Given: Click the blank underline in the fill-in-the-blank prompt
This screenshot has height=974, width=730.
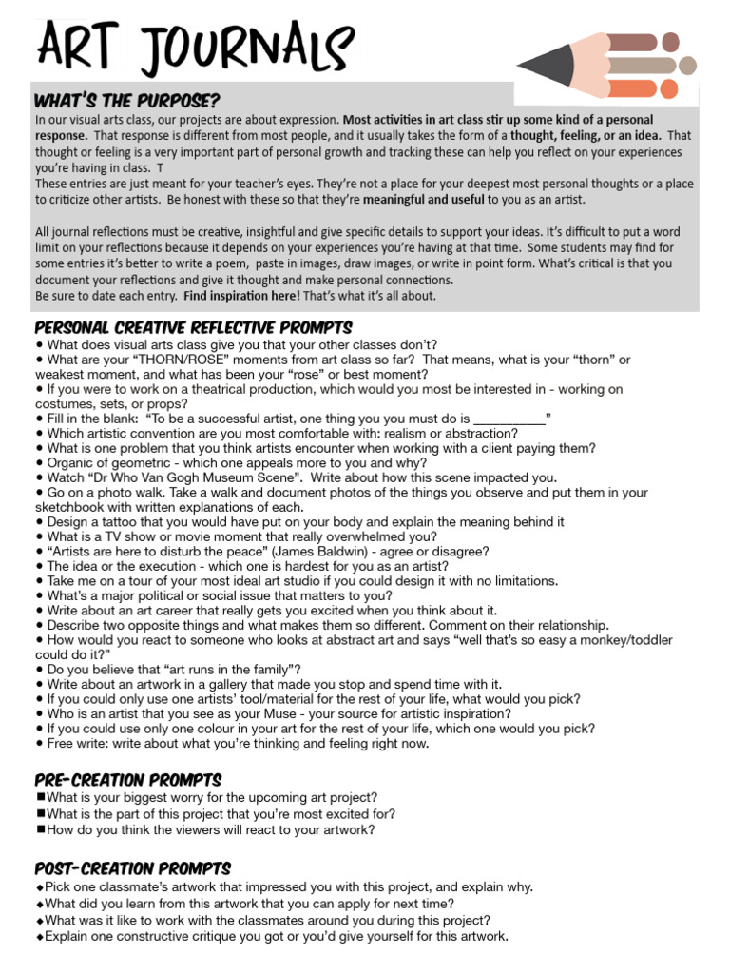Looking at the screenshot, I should click(x=509, y=418).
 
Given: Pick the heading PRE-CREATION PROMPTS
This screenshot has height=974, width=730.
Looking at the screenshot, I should click(x=128, y=780).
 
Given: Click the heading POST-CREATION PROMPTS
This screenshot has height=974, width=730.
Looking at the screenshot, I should click(x=133, y=868).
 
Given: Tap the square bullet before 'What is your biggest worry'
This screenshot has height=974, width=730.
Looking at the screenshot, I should click(x=40, y=798).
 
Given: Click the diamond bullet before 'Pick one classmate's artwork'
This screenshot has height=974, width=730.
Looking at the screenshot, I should click(x=40, y=886).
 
